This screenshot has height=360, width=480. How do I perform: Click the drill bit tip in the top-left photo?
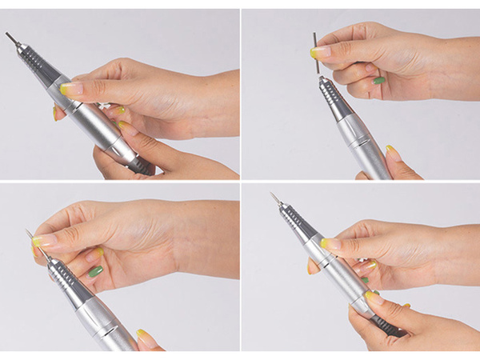[9, 36]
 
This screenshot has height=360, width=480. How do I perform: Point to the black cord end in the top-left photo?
[142, 166]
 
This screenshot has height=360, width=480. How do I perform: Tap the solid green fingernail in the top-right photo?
[378, 80]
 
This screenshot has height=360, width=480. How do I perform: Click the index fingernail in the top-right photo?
[320, 53]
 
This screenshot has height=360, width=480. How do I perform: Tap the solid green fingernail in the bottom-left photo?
[95, 271]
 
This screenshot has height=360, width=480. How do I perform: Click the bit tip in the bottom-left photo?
[29, 234]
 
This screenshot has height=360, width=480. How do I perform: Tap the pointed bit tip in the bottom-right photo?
[272, 194]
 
